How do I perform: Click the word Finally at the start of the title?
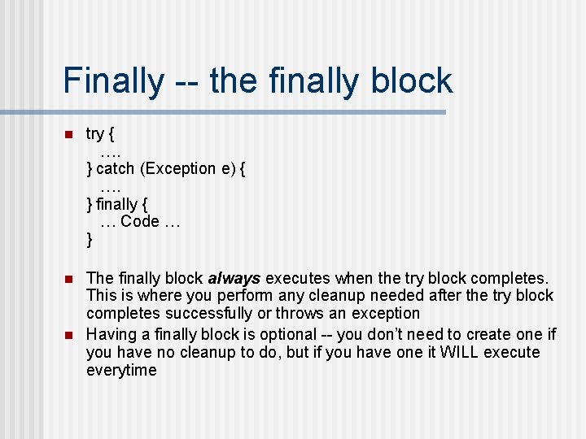tap(112, 80)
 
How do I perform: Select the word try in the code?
tap(95, 134)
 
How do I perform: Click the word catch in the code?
tap(116, 169)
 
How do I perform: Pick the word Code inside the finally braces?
tap(140, 221)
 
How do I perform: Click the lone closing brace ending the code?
tap(90, 239)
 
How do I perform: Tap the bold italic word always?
tap(234, 278)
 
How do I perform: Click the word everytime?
tap(121, 370)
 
